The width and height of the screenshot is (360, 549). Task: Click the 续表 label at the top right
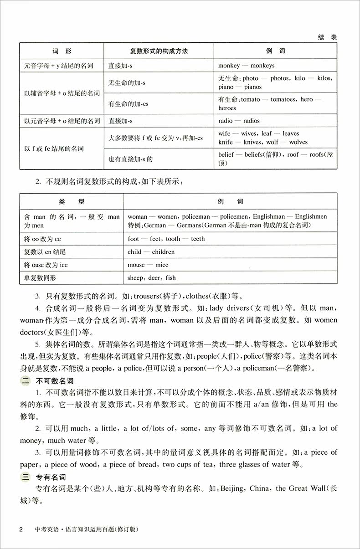tap(327, 38)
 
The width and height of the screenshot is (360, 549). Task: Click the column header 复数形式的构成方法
tap(158, 51)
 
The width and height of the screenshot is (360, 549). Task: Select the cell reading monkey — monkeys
tap(246, 66)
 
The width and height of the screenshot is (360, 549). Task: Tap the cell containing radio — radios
tap(239, 121)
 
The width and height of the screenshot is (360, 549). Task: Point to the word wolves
tap(298, 142)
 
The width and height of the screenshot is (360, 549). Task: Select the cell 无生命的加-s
tap(127, 82)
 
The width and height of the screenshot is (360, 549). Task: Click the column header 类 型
tap(72, 201)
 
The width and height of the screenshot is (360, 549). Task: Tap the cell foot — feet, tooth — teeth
tap(166, 239)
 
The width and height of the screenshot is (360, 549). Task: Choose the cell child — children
tap(151, 251)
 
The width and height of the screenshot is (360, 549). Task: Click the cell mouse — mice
tap(148, 265)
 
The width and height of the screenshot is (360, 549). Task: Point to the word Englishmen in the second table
tap(311, 217)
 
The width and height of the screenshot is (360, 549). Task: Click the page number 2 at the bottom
tap(21, 529)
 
